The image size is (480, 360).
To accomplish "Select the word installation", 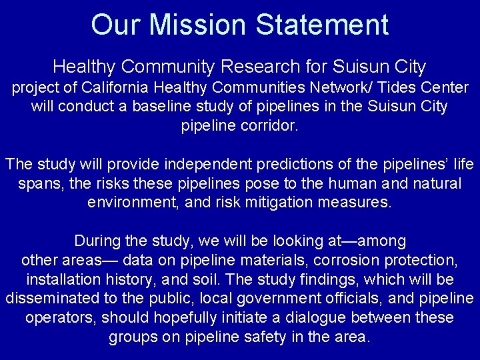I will coord(65,279).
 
